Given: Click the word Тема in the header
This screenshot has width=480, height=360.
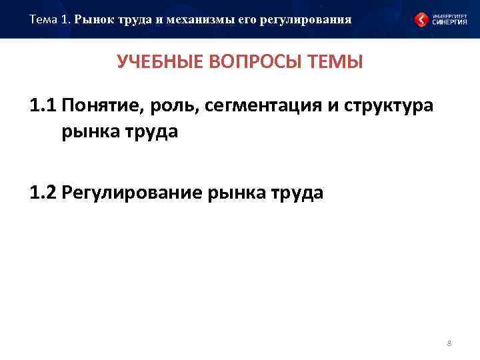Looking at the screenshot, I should (43, 19).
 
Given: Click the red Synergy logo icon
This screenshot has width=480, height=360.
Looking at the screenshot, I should (422, 19).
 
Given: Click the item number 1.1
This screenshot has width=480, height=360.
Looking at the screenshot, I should (44, 107).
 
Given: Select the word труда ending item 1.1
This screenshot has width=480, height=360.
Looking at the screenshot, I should (151, 131).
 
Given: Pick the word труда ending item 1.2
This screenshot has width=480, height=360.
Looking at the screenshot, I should (295, 193).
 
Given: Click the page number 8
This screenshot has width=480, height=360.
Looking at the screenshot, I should (449, 343).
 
